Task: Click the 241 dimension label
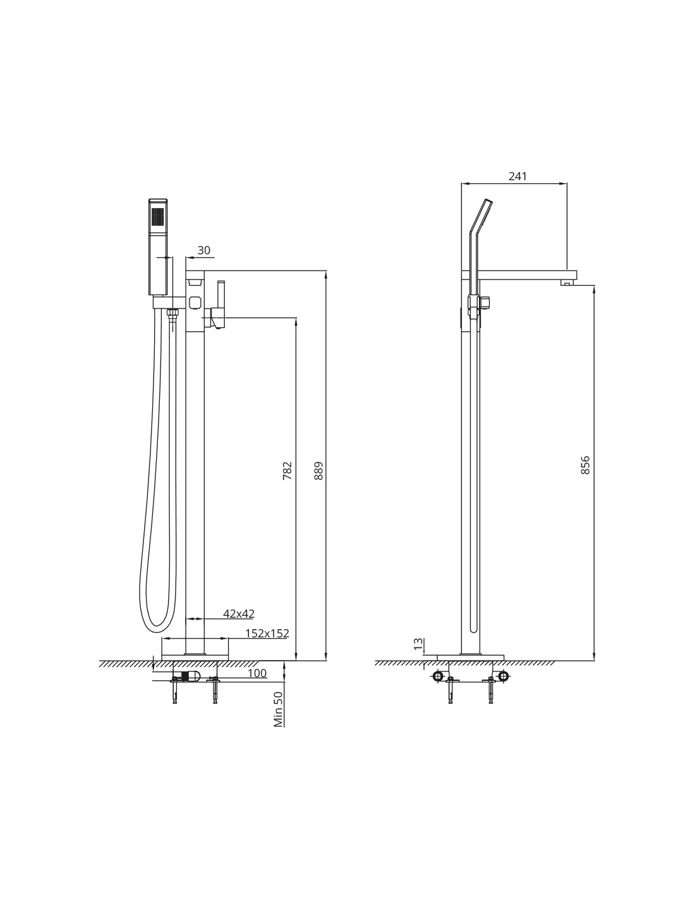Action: click(x=517, y=176)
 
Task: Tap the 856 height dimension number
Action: click(x=585, y=465)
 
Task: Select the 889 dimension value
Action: click(x=318, y=470)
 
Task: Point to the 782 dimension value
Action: click(x=287, y=470)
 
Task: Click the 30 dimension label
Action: click(x=204, y=250)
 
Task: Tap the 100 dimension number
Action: click(x=257, y=673)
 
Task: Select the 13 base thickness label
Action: click(x=419, y=644)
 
